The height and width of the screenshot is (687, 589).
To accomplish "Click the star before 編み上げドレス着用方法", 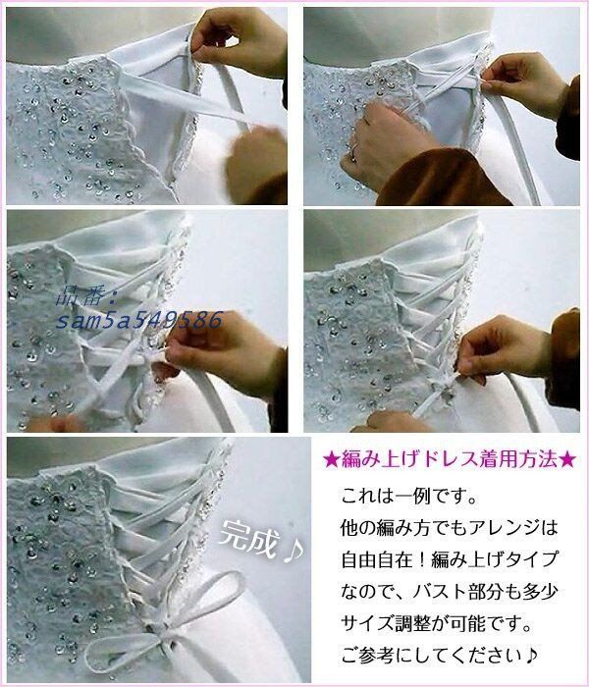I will pyautogui.click(x=331, y=459).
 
